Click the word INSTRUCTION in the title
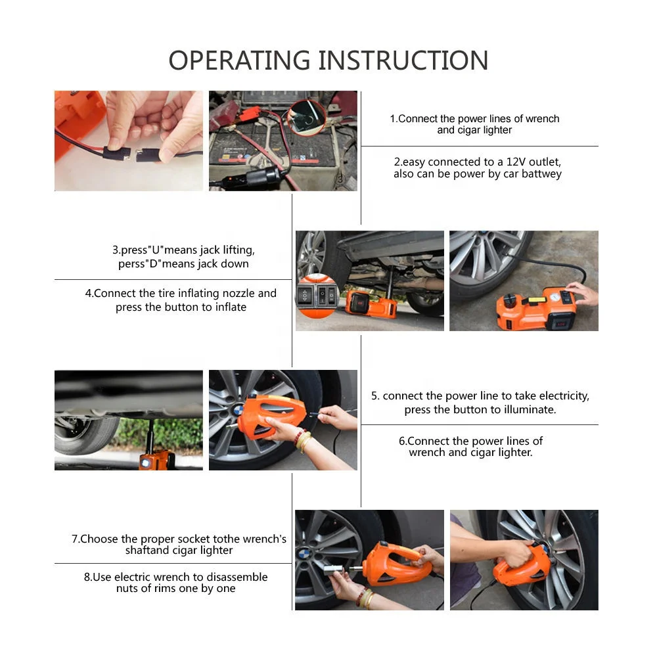403,60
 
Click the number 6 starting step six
402,441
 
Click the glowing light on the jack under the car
144,464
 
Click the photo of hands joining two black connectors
129,141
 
